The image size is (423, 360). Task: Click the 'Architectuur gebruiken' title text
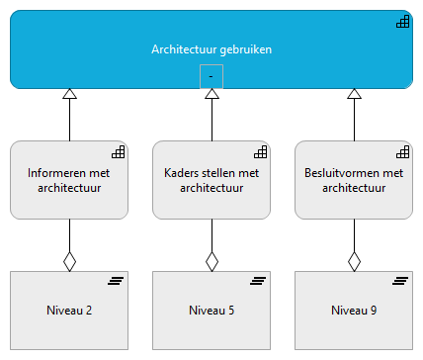coord(211,48)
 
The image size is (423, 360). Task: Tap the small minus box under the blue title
coord(211,76)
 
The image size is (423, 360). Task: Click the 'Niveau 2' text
coord(69,311)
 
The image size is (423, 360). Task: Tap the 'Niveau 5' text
coord(211,311)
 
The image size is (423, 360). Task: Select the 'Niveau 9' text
coord(354,311)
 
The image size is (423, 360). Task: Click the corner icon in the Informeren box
coord(118,152)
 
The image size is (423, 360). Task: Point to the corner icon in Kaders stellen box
coord(260,152)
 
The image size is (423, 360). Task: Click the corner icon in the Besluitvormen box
coord(402,152)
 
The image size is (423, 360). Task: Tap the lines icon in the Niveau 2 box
coord(118,282)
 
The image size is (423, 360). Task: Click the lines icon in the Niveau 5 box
coord(260,282)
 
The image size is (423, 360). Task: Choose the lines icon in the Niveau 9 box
coord(402,282)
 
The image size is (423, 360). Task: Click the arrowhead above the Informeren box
coord(69,95)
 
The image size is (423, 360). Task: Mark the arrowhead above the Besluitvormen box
coord(354,95)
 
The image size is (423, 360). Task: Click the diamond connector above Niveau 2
coord(69,260)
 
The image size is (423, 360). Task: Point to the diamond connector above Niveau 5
coord(211,260)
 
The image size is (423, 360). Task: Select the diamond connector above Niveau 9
coord(354,260)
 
